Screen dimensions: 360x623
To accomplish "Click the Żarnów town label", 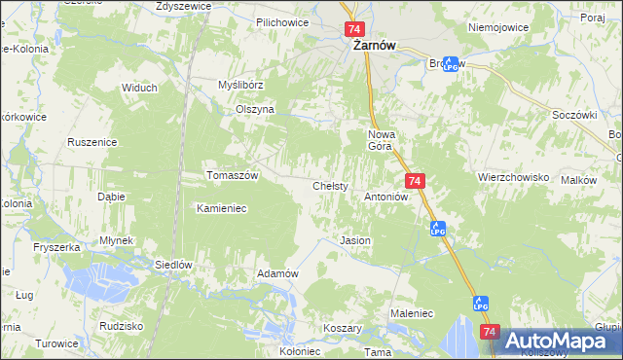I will coord(370,46).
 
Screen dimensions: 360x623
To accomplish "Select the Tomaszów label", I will coord(232,175).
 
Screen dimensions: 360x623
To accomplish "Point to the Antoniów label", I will coord(385,197).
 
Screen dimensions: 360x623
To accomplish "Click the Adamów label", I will coord(276,273).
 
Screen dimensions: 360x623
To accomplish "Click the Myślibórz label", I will coord(240,85).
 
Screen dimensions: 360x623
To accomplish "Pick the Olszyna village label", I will coord(255,110).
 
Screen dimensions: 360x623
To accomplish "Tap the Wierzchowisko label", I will coord(514,178).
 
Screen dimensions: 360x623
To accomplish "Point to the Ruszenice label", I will coord(92,142).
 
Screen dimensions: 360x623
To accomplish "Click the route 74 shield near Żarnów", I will coord(353,30).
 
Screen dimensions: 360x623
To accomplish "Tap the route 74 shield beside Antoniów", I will coord(416,182).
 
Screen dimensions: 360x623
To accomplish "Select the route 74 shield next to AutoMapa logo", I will coord(490,333).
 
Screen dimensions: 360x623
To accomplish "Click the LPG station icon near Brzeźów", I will coord(451,64).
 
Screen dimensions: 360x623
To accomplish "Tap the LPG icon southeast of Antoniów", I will coord(438,229).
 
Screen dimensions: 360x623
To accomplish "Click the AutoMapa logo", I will coord(558,341).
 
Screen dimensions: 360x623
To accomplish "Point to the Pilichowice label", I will coord(281,21).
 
